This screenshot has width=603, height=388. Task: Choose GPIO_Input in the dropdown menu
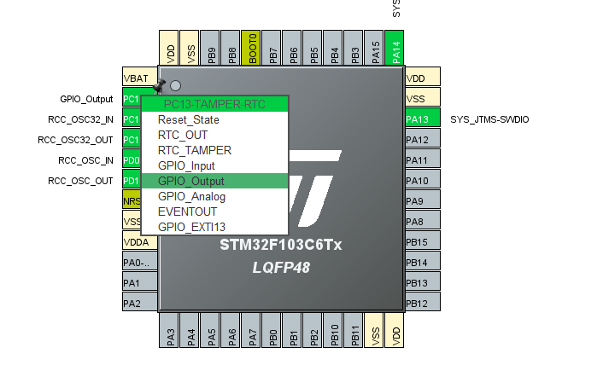[186, 165]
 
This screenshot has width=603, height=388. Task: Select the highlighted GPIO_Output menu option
[191, 181]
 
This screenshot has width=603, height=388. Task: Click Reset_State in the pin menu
[189, 119]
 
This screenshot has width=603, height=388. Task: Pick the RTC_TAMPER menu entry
[194, 150]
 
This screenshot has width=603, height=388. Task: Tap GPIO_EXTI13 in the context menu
[191, 227]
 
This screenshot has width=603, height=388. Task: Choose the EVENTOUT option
[187, 211]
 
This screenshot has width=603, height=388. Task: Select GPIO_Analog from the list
[190, 196]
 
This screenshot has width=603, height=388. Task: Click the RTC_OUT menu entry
[182, 135]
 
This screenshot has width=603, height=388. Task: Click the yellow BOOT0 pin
[252, 49]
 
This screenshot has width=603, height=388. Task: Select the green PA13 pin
[422, 119]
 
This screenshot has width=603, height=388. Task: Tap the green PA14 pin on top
[395, 49]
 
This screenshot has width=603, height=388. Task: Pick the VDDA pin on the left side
[132, 241]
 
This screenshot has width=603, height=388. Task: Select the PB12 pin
[422, 303]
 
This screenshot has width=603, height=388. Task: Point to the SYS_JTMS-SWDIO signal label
[489, 119]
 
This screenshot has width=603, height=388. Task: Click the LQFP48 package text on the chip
[281, 267]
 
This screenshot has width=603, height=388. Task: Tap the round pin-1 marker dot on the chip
[175, 85]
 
